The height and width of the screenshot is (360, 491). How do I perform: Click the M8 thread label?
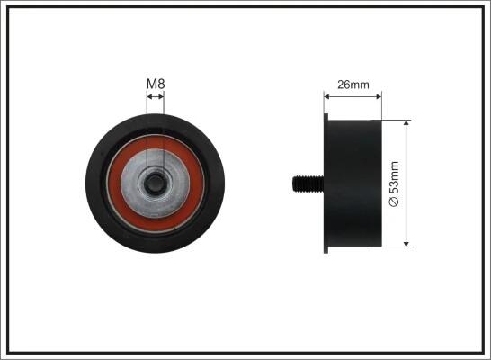tap(156, 84)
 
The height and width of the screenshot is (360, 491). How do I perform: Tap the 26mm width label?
tap(353, 85)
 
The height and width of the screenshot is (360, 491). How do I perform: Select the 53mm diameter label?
tap(394, 184)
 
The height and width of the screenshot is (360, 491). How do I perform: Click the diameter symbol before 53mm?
tap(394, 202)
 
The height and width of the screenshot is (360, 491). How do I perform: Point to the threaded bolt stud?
tap(308, 184)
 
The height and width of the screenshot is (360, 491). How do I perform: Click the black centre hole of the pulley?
tap(155, 184)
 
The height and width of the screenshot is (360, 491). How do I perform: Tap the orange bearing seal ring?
tap(156, 184)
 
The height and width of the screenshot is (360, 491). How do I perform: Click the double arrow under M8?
tap(156, 97)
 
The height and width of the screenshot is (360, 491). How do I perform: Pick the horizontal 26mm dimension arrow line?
tap(353, 97)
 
